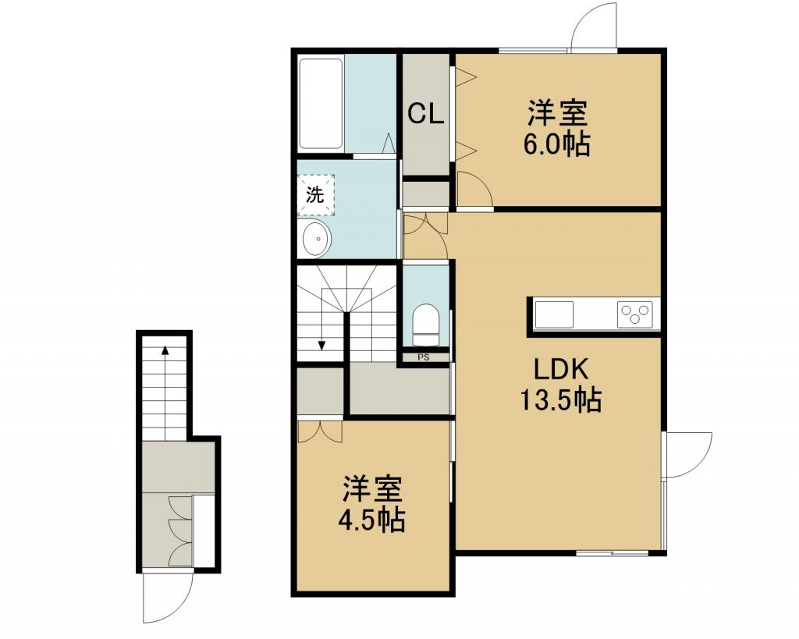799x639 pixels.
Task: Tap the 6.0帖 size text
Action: (x=556, y=144)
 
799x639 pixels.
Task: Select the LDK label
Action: (x=561, y=369)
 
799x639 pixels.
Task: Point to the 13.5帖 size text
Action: (x=560, y=399)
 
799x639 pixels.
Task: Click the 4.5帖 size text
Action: (x=372, y=520)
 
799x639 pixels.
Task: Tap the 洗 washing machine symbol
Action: (x=315, y=194)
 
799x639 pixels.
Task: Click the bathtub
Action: (x=321, y=105)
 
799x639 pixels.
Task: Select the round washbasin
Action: (x=317, y=238)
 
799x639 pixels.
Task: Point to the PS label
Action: (x=424, y=357)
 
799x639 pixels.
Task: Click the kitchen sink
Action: (x=554, y=314)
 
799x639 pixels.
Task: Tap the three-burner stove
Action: (x=635, y=314)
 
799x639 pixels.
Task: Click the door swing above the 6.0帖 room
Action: (x=594, y=26)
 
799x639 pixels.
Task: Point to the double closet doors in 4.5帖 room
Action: (x=320, y=431)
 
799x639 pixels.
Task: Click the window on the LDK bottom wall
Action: (x=612, y=552)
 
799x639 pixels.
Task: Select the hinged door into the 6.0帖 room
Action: (x=474, y=189)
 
